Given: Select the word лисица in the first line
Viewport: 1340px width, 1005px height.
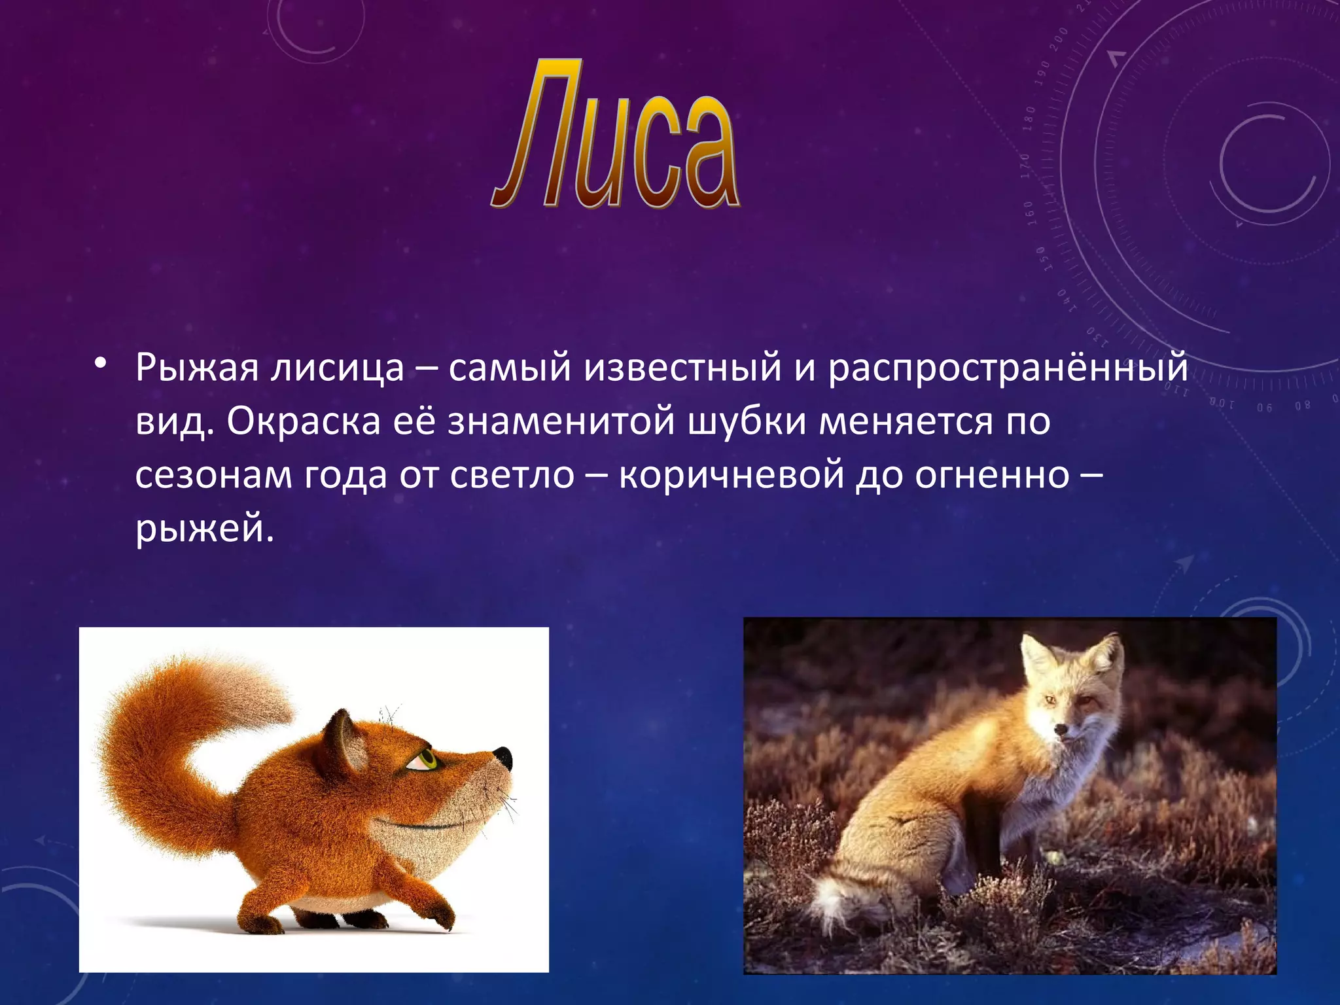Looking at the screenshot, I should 338,368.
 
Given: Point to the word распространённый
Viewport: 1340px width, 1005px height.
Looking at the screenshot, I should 1008,368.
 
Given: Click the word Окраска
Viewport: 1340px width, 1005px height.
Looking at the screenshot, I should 304,421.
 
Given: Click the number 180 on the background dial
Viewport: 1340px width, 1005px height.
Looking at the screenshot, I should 1029,119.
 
